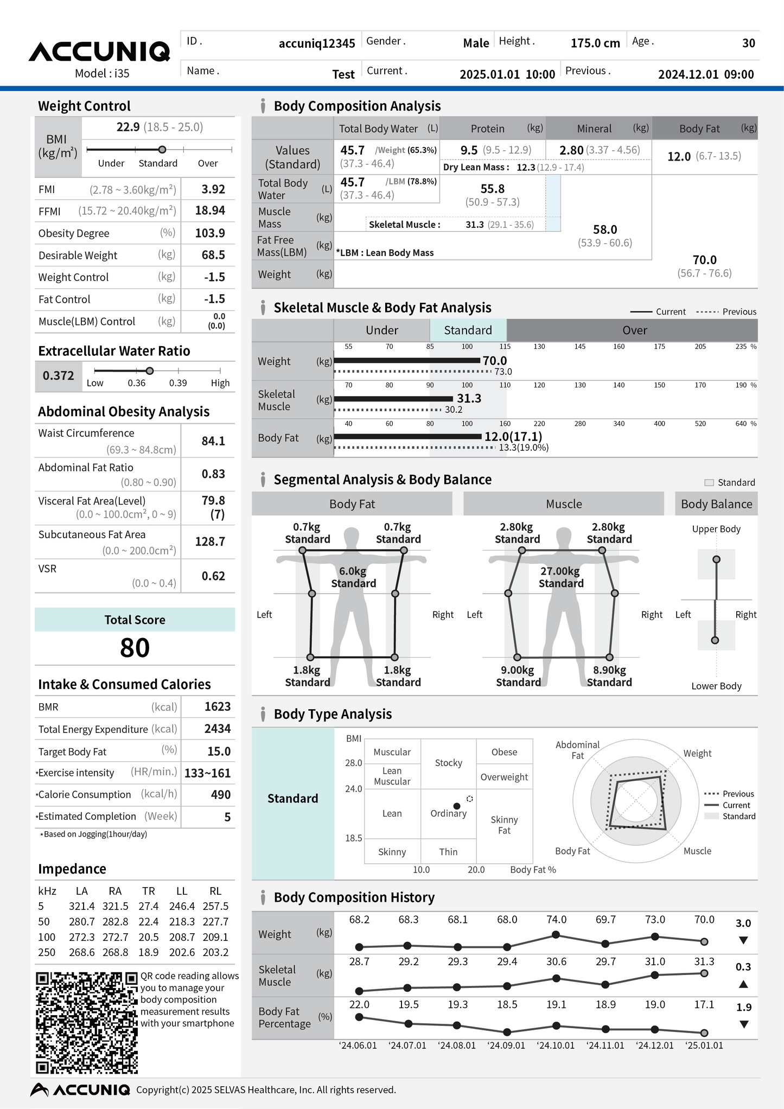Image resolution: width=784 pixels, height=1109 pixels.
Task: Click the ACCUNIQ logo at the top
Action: pyautogui.click(x=99, y=52)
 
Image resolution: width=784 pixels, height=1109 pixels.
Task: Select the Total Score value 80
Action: pyautogui.click(x=135, y=648)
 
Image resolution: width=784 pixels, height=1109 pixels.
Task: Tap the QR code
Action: pyautogui.click(x=87, y=1023)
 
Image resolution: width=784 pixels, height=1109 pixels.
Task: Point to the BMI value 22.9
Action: pyautogui.click(x=128, y=127)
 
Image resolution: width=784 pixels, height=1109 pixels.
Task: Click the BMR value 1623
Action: pyautogui.click(x=217, y=706)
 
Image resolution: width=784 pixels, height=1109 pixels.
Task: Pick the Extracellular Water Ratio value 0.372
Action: pyautogui.click(x=58, y=375)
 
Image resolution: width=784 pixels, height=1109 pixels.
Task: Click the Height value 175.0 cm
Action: pyautogui.click(x=595, y=43)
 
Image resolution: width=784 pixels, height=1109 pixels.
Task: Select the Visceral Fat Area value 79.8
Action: pyautogui.click(x=213, y=500)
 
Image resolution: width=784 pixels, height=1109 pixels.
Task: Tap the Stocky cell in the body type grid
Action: pyautogui.click(x=448, y=763)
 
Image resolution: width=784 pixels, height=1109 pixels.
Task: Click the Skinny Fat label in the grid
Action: pyautogui.click(x=504, y=825)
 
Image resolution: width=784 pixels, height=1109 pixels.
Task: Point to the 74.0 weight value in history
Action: pyautogui.click(x=556, y=920)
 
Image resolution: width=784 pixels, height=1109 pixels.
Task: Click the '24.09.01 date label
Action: pyautogui.click(x=506, y=1046)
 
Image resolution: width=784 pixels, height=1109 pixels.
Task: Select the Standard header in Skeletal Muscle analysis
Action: pyautogui.click(x=468, y=330)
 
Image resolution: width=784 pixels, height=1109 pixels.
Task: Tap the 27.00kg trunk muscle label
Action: pyautogui.click(x=560, y=571)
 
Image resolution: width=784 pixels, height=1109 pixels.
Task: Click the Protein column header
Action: pyautogui.click(x=487, y=129)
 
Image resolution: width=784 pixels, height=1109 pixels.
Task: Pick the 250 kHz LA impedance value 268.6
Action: pyautogui.click(x=82, y=952)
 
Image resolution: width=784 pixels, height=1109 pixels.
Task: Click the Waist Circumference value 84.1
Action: pyautogui.click(x=213, y=441)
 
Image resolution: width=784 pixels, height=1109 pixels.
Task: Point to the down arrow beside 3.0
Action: pyautogui.click(x=743, y=940)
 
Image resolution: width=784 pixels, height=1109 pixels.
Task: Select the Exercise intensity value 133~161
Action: pyautogui.click(x=207, y=773)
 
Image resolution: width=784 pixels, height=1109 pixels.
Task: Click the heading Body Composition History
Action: pyautogui.click(x=354, y=897)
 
